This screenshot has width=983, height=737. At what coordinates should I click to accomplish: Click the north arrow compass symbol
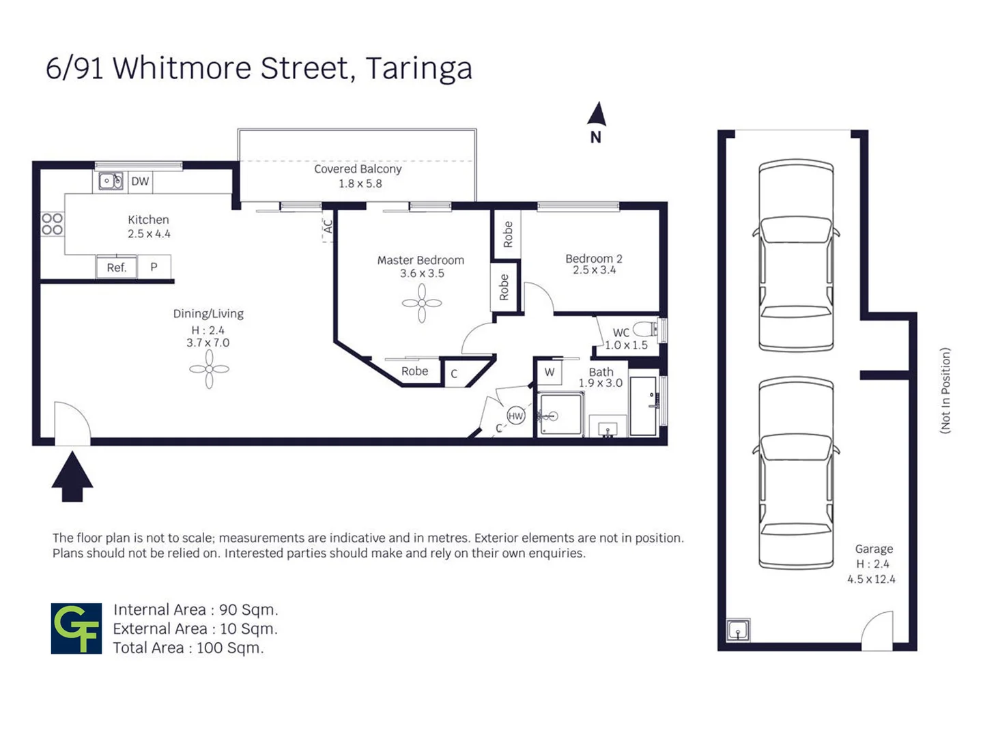click(x=597, y=116)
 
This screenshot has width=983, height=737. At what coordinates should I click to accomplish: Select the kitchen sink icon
click(x=111, y=182)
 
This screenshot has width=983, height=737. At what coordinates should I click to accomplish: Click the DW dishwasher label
click(x=140, y=182)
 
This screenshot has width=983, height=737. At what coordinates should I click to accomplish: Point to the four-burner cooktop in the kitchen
click(x=53, y=224)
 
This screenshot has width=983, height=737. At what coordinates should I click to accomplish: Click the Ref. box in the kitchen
click(x=117, y=268)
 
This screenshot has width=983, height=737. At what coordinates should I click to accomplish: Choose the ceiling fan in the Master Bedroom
click(x=421, y=302)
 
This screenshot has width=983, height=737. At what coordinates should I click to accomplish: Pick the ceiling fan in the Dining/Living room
click(x=209, y=369)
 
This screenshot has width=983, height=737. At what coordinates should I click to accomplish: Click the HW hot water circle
click(x=515, y=416)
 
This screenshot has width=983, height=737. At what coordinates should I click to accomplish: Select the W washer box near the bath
click(x=550, y=373)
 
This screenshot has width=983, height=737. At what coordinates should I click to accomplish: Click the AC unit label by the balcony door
click(x=328, y=226)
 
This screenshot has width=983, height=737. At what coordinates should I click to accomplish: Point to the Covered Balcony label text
click(x=358, y=169)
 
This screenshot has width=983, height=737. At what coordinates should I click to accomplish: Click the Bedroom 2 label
click(x=593, y=259)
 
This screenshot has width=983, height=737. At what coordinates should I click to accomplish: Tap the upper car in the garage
click(x=796, y=255)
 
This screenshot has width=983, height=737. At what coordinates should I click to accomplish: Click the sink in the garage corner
click(x=737, y=630)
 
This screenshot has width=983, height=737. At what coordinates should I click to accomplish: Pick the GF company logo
click(x=76, y=628)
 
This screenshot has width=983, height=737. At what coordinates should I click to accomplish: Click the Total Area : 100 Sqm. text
click(x=188, y=648)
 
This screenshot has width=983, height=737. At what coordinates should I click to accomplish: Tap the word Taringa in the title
click(x=418, y=68)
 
